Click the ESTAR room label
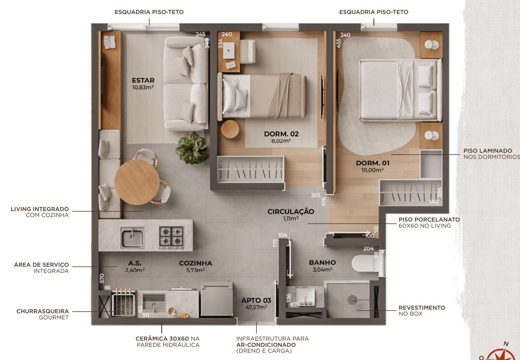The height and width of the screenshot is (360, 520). (143, 80)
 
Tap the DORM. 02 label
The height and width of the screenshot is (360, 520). (281, 134)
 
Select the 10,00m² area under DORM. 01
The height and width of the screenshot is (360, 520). (372, 170)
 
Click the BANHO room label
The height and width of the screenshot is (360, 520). (322, 263)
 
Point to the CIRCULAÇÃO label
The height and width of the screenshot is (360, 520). (291, 212)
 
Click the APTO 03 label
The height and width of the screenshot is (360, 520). (256, 300)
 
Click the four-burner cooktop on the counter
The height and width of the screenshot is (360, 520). (171, 238)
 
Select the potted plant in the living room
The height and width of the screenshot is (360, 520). (192, 148)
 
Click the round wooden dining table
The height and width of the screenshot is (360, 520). (137, 183)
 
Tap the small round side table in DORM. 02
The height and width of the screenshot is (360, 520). (230, 129)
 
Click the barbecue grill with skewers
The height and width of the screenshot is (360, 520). (123, 302)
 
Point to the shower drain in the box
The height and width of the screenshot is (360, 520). (352, 300)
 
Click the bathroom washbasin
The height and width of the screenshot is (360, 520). (306, 297)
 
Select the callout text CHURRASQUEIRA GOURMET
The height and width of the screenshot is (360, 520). (43, 314)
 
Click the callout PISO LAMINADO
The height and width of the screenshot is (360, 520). (488, 151)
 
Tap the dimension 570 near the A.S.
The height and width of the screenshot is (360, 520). (102, 278)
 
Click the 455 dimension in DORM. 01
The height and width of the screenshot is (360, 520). (338, 44)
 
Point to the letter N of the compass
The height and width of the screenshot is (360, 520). (506, 344)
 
